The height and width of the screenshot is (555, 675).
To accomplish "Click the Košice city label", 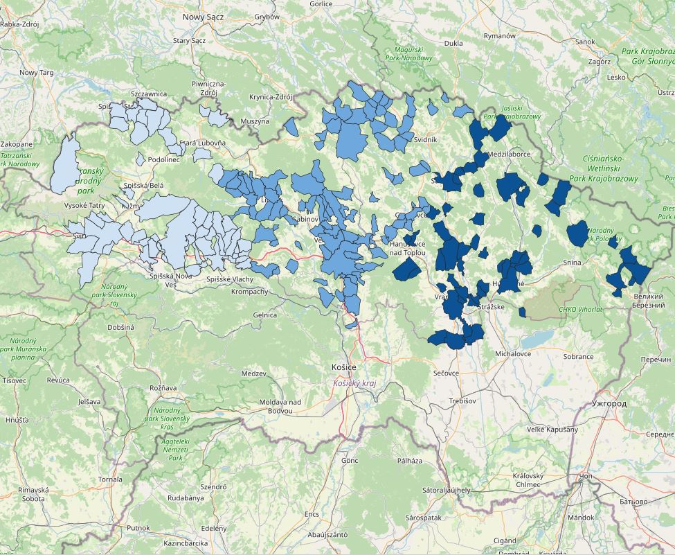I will (344, 367).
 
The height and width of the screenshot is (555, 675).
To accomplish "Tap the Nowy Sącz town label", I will (203, 16).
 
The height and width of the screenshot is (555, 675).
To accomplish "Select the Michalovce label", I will (513, 354).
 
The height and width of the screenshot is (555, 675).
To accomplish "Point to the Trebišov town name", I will (462, 401).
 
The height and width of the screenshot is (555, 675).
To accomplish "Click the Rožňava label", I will (163, 388).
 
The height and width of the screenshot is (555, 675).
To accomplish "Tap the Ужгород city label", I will (609, 403).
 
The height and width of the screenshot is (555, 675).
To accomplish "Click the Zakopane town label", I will (16, 144).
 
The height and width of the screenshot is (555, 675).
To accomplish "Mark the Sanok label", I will (585, 42).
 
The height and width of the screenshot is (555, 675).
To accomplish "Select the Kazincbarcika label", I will (186, 543).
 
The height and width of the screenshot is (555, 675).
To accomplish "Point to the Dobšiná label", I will (120, 326).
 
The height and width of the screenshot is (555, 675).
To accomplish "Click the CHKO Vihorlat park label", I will (580, 309).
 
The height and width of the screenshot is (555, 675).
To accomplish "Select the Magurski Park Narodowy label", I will (413, 54).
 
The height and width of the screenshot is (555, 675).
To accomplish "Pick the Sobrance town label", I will (578, 357).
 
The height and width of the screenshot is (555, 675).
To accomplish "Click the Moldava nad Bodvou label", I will (280, 407).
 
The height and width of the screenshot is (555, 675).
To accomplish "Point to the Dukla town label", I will (453, 43).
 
